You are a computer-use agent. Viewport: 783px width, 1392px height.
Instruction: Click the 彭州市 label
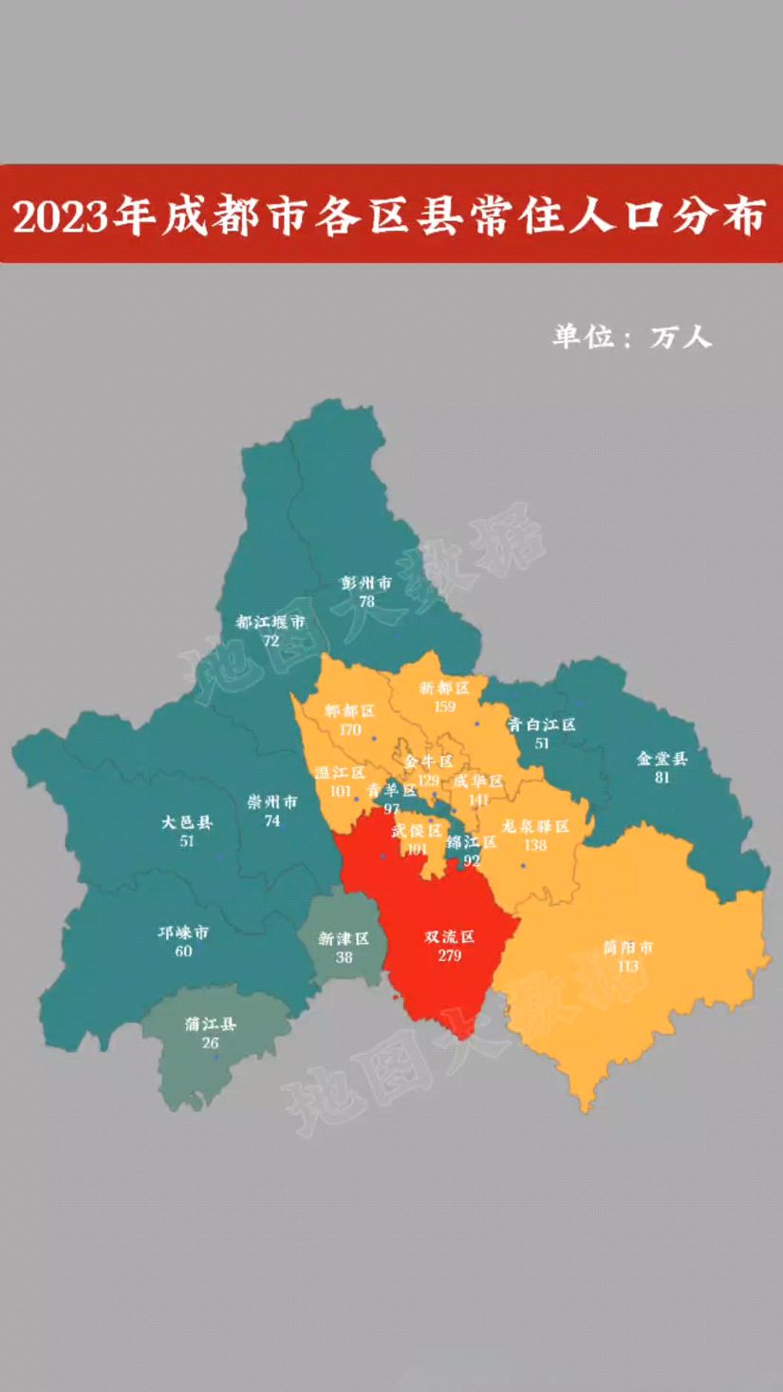366,583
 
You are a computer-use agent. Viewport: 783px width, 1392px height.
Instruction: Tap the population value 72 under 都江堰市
271,641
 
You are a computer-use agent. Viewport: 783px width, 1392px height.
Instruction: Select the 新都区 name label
444,687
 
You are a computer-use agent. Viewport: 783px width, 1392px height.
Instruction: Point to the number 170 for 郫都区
349,730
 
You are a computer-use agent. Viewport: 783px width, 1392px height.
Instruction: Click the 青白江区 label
541,724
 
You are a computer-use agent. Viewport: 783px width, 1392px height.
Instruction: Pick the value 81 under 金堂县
662,777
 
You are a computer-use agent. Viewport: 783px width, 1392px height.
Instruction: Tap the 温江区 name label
341,772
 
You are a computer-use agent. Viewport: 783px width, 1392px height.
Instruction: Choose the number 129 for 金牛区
428,781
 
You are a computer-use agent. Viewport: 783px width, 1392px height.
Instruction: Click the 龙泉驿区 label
535,826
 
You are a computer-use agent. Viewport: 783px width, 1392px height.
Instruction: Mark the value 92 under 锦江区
472,861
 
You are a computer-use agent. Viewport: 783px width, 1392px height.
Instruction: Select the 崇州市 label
272,802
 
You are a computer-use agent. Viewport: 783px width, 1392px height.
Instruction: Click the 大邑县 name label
187,822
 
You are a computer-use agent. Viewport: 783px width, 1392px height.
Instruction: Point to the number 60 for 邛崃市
183,950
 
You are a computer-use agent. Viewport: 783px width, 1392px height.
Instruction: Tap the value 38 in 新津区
344,957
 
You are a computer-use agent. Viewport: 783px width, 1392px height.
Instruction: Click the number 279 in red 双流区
449,955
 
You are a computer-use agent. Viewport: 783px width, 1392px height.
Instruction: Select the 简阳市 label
628,948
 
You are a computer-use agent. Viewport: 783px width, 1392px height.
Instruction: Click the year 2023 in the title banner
58,216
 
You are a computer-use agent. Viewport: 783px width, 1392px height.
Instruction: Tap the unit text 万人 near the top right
680,337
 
